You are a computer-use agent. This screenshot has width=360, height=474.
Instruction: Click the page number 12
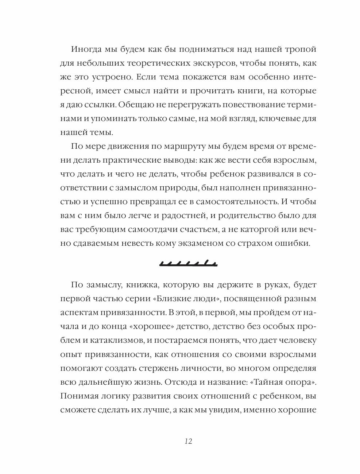188,441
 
